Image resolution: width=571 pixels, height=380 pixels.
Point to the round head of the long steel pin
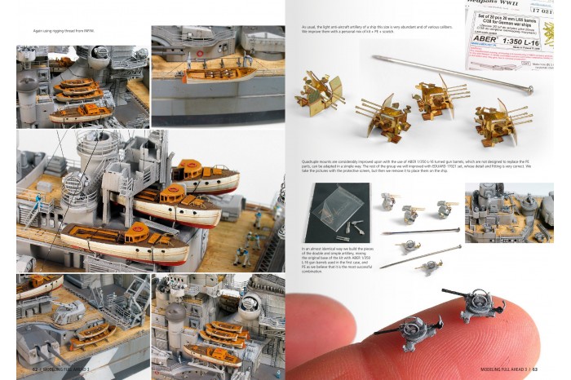click(378, 57)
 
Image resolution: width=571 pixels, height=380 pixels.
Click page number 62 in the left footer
click(24, 370)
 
